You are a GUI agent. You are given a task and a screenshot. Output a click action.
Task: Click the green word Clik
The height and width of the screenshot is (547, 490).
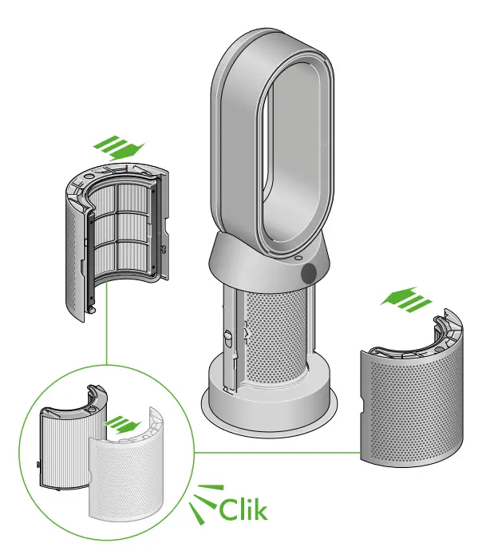coord(243,509)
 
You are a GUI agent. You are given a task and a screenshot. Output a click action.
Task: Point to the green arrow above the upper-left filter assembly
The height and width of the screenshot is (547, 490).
coord(119,148)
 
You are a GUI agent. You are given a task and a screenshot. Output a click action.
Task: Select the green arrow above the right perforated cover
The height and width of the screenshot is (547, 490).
coord(406,299)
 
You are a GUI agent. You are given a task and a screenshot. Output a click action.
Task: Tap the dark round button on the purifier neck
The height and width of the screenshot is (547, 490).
coord(308,272)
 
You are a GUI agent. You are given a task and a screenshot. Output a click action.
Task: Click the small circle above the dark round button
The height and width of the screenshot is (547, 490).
coord(298,258)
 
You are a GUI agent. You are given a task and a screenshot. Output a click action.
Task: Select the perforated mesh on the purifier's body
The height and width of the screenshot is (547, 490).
coord(275,335)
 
